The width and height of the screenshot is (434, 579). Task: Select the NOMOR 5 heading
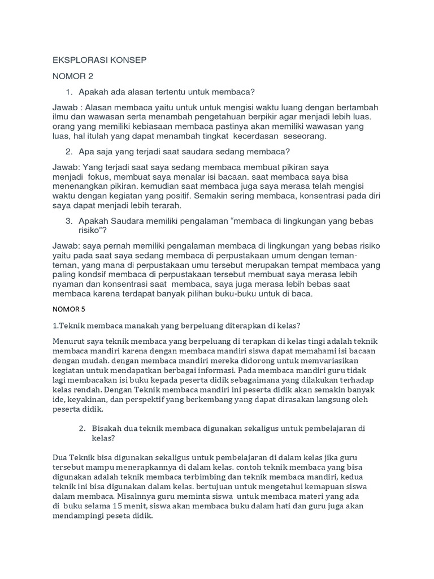[69, 310]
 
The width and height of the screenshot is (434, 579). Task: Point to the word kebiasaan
[150, 127]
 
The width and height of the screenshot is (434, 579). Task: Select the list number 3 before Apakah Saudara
[68, 221]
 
